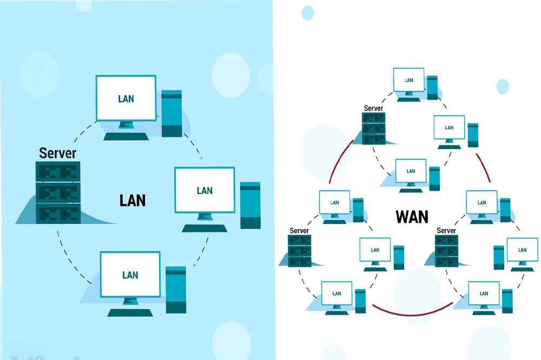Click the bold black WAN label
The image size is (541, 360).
(412, 217)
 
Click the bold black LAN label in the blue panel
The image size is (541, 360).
(133, 200)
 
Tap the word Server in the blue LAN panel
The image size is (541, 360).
(57, 153)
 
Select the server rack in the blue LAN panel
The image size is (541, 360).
(58, 192)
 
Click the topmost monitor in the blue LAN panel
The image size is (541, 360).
(126, 98)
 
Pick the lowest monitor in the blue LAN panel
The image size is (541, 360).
(130, 275)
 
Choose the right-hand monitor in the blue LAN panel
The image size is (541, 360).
(204, 190)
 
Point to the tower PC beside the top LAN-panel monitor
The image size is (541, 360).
(172, 114)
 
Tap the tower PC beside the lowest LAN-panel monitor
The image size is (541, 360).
(176, 290)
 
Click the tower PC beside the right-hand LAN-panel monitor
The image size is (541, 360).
(250, 205)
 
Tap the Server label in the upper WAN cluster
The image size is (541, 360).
(373, 108)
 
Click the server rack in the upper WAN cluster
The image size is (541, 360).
(374, 129)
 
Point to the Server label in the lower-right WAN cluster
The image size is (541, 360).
(446, 231)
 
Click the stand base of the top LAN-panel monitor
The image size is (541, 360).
(127, 136)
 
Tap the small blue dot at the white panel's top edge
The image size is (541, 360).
(307, 12)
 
